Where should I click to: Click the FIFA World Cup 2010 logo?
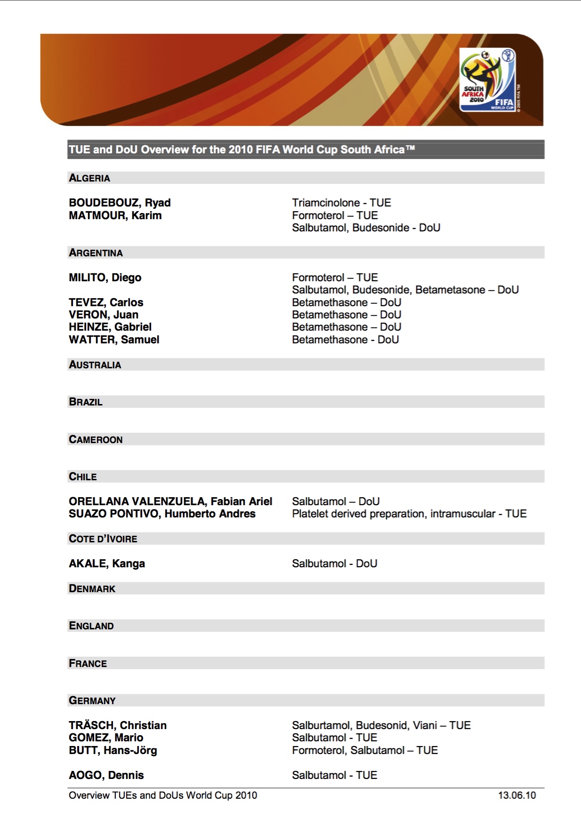[x=487, y=80]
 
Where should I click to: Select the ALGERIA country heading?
[x=89, y=178]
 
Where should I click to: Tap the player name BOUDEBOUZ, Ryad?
[x=119, y=203]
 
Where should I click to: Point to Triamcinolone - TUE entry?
[x=341, y=203]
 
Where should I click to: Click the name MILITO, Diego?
[x=105, y=278]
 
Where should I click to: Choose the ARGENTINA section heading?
[x=96, y=253]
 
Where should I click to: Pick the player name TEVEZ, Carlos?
[x=106, y=302]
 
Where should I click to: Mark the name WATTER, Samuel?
[x=114, y=340]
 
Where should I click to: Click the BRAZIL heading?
[x=86, y=402]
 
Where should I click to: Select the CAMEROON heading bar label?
[x=96, y=440]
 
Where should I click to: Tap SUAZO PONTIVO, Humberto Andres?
[x=162, y=514]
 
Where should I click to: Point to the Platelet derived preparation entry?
[x=409, y=514]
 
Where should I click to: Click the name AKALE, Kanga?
[x=107, y=564]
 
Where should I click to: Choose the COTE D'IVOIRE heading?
[x=103, y=539]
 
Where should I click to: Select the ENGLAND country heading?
[x=91, y=626]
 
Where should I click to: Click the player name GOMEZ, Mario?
[x=106, y=738]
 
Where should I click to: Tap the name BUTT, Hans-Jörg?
[x=113, y=750]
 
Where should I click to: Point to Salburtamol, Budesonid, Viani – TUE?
[x=381, y=725]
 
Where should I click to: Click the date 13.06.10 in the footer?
[x=517, y=795]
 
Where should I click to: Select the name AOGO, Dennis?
[x=106, y=775]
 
